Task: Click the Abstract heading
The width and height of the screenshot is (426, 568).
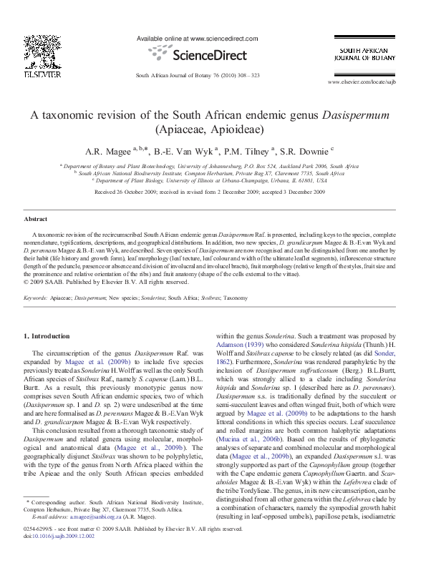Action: (x=37, y=219)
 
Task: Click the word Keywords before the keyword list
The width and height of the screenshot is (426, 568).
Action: (x=36, y=296)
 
